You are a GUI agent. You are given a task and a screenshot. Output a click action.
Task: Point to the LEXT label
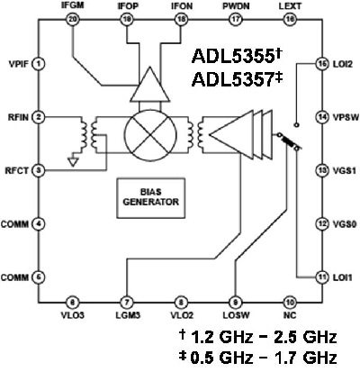(x=291, y=6)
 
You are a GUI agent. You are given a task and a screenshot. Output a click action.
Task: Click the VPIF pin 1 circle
(x=40, y=65)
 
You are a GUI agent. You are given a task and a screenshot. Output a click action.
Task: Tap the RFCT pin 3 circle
(x=40, y=169)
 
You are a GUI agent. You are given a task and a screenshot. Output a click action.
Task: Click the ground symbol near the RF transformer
(x=72, y=164)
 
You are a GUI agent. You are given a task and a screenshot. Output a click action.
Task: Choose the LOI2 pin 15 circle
(x=321, y=65)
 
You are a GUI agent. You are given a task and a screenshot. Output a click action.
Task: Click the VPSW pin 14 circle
(x=321, y=117)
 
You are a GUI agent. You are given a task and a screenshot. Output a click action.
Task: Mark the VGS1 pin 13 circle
(x=321, y=169)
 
